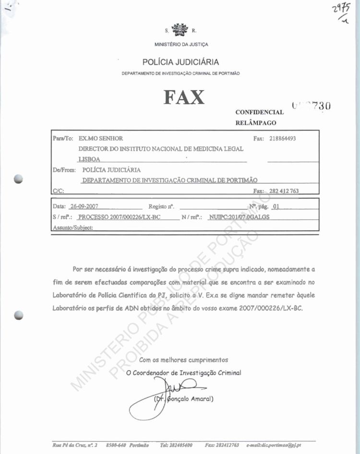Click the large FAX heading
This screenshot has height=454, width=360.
pyautogui.click(x=184, y=97)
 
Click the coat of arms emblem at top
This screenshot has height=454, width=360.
pyautogui.click(x=180, y=30)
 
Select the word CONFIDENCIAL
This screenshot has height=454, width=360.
pyautogui.click(x=260, y=112)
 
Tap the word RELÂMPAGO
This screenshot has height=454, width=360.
pyautogui.click(x=256, y=122)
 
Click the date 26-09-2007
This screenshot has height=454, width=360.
pyautogui.click(x=84, y=207)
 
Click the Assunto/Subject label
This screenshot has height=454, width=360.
pyautogui.click(x=72, y=227)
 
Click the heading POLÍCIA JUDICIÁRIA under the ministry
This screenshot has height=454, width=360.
pyautogui.click(x=180, y=62)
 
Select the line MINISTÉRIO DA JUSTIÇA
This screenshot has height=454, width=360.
pyautogui.click(x=181, y=45)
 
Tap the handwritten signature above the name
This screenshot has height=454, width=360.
pyautogui.click(x=178, y=386)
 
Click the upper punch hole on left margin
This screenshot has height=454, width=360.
pyautogui.click(x=19, y=178)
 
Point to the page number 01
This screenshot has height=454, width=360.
pyautogui.click(x=275, y=207)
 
